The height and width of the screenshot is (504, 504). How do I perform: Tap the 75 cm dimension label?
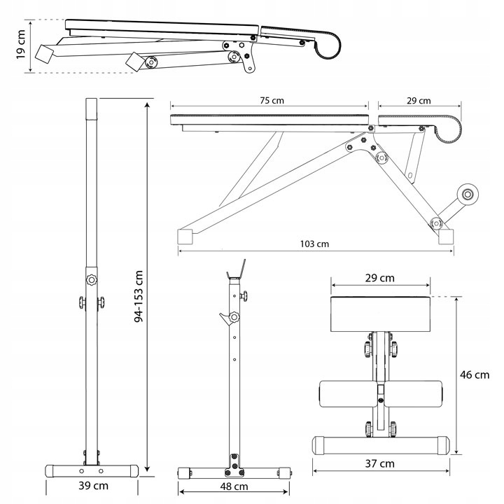point(269,101)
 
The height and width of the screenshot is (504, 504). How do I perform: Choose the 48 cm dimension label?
point(235,486)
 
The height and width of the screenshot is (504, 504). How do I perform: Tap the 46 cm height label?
point(475,374)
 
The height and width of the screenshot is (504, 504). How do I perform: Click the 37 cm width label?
point(379,463)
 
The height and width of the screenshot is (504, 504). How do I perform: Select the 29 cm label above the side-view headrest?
point(419,101)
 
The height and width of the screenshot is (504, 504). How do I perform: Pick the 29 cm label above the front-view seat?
point(380,278)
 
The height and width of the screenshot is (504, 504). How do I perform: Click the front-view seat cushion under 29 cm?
point(380,312)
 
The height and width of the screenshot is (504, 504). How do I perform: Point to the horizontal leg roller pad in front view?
point(380,395)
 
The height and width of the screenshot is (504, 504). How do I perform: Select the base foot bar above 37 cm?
point(380,444)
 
